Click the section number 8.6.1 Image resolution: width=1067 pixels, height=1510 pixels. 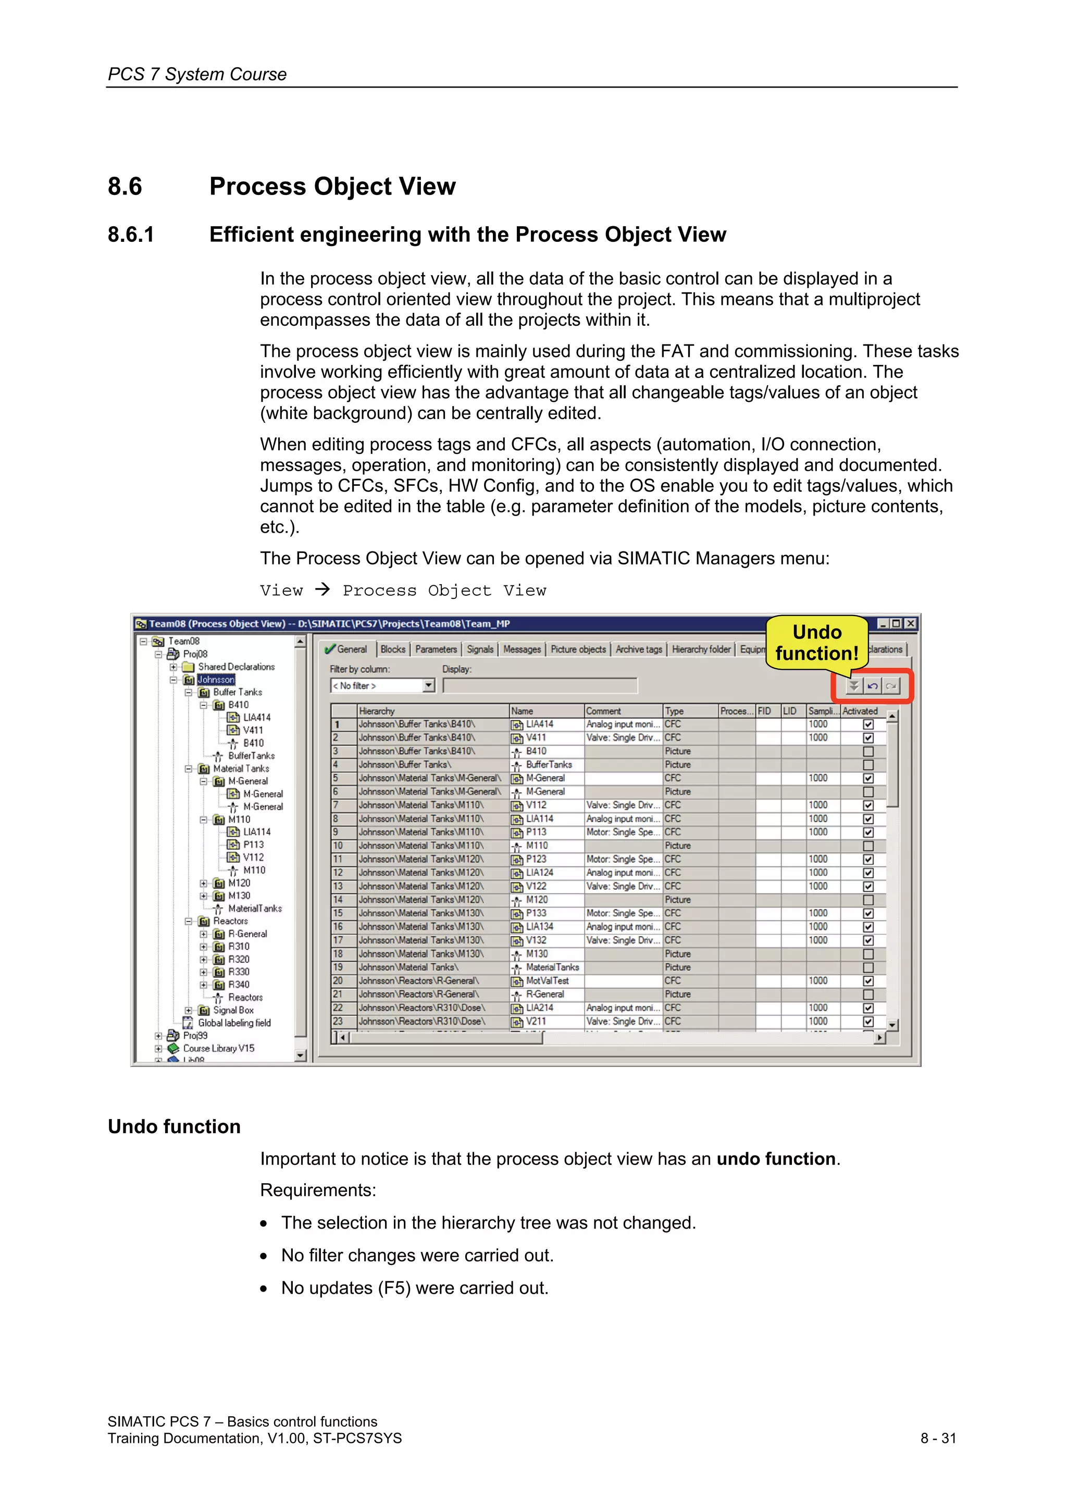tap(131, 235)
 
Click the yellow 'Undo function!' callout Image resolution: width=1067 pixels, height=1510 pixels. tap(816, 643)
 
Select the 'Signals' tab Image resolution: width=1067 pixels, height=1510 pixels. tap(480, 649)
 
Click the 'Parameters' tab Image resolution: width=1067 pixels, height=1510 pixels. tap(436, 649)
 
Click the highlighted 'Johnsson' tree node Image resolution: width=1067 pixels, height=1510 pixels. tap(216, 679)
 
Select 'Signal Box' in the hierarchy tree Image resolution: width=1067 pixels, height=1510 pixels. tap(233, 1010)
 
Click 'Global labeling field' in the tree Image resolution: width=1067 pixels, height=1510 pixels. tap(234, 1023)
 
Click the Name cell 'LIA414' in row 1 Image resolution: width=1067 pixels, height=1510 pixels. tap(539, 724)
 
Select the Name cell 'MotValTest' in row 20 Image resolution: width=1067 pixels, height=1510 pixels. tap(547, 980)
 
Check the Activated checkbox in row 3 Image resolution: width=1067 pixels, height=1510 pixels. tap(868, 751)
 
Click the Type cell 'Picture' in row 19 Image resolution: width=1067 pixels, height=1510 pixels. tap(677, 967)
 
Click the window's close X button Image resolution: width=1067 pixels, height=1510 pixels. tap(911, 623)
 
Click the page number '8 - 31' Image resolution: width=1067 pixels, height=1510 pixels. tap(938, 1438)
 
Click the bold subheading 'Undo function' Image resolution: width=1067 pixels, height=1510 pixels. tap(174, 1126)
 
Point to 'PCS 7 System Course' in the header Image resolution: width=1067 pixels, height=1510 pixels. tap(197, 75)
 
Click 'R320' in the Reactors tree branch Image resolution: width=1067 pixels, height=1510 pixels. tap(239, 959)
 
